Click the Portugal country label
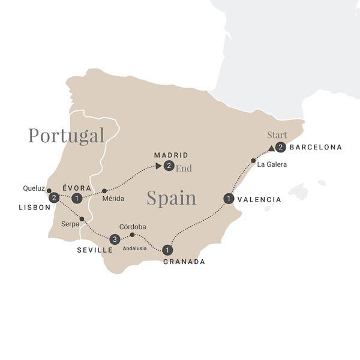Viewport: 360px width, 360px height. click(x=66, y=136)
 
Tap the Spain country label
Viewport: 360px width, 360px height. click(x=171, y=198)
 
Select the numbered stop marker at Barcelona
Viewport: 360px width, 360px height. click(x=280, y=148)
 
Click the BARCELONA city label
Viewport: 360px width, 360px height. click(x=316, y=147)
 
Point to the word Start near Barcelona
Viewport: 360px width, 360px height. click(x=277, y=134)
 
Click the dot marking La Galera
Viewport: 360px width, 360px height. click(x=253, y=160)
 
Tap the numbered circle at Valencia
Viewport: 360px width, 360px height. click(x=228, y=198)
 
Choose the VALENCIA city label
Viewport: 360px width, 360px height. click(x=259, y=199)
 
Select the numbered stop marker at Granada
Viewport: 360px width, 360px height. click(x=167, y=250)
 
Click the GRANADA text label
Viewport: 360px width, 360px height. click(x=184, y=262)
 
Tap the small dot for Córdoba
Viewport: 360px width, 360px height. click(x=132, y=235)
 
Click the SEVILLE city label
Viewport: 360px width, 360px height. click(x=95, y=250)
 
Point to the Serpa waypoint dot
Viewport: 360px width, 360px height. click(x=82, y=218)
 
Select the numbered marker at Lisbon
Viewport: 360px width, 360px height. click(x=54, y=197)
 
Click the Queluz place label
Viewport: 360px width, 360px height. click(x=34, y=187)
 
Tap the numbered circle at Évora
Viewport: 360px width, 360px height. click(x=76, y=198)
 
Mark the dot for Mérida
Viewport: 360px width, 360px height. click(x=104, y=191)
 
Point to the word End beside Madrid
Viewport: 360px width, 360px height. click(x=184, y=168)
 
